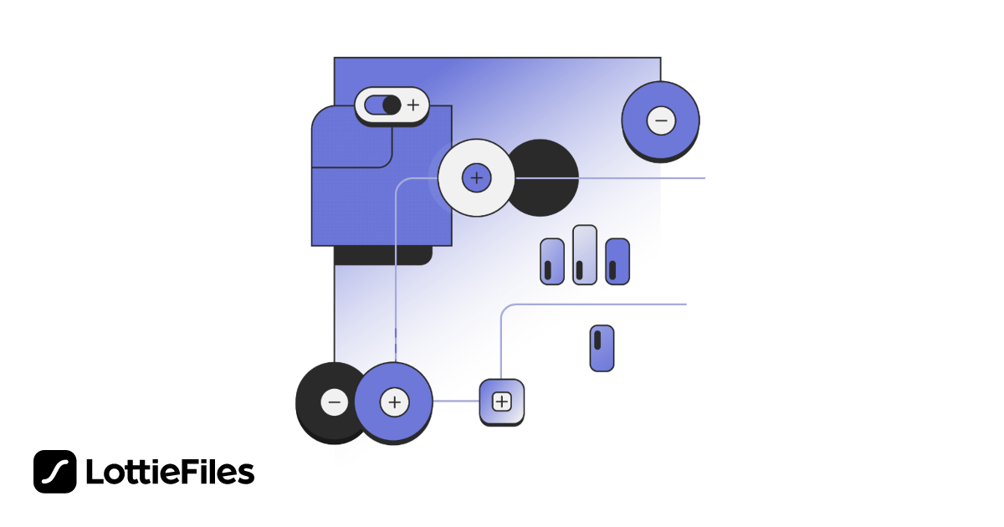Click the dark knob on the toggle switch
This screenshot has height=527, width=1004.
pos(391,105)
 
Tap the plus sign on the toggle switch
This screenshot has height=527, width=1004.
pos(412,105)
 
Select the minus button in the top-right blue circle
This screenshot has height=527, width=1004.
pos(660,121)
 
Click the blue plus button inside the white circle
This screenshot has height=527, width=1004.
pos(476,178)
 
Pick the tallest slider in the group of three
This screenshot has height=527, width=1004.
pos(584,254)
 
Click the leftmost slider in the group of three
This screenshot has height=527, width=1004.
pos(551,262)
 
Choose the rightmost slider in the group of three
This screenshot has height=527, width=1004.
pos(617,262)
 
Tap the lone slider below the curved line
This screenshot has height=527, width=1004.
pos(602,348)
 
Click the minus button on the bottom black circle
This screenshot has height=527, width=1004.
pos(334,402)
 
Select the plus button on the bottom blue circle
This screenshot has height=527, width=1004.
pos(394,402)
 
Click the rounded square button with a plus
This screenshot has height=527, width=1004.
pos(501,402)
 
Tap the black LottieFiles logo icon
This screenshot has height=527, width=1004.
pos(55,472)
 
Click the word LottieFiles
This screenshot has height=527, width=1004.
pos(170,473)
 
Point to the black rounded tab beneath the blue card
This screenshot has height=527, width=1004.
pos(383,256)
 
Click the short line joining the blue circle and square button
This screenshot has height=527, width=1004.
pos(456,402)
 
